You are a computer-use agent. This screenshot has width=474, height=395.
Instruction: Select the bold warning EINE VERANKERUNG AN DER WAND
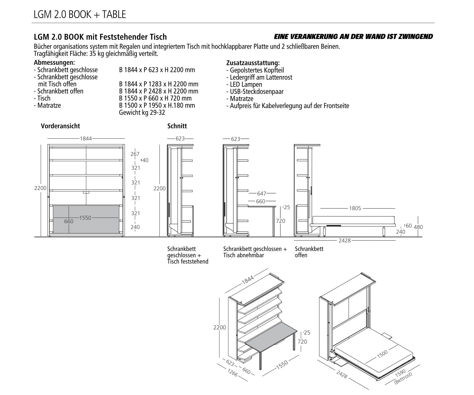(353, 37)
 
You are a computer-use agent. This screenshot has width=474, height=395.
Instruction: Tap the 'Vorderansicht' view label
(60, 126)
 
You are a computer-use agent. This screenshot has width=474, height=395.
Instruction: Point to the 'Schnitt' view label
(177, 126)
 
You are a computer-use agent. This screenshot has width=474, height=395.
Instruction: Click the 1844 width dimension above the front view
(86, 138)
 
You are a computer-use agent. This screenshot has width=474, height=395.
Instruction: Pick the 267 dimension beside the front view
(135, 154)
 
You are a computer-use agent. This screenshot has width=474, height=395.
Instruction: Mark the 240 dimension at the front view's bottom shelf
(135, 227)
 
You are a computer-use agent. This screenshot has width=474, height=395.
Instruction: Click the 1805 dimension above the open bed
(355, 209)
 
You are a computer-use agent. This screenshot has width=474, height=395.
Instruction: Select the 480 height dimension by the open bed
(418, 227)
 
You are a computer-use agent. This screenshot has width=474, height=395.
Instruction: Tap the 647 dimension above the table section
(262, 193)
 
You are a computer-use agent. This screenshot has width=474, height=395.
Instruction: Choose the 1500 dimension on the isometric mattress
(382, 354)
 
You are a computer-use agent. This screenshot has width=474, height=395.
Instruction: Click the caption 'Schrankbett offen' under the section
(309, 252)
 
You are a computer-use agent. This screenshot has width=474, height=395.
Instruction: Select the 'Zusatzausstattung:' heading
(253, 63)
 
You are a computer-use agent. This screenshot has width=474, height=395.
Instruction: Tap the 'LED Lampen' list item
(244, 84)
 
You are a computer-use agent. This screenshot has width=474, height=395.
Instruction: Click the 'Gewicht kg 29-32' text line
(142, 112)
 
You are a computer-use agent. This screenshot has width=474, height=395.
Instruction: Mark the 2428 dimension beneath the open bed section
(344, 240)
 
